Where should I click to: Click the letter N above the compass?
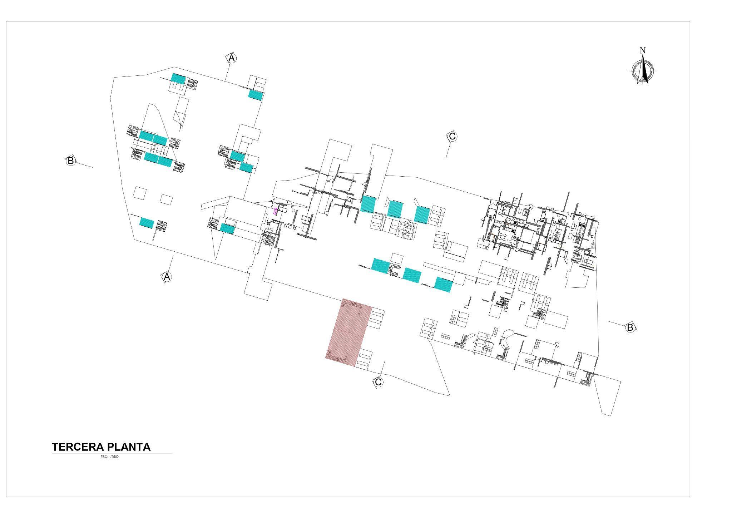click(x=643, y=50)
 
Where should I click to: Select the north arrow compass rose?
click(x=643, y=70)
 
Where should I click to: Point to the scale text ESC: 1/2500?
click(x=110, y=457)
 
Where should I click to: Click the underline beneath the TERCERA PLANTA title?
click(x=112, y=454)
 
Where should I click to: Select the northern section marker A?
click(x=232, y=58)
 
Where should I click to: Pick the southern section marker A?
click(x=167, y=277)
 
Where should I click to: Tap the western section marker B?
click(x=71, y=161)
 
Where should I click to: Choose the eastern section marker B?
click(x=630, y=327)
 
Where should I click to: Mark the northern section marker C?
click(x=452, y=136)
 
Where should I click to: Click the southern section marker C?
click(x=378, y=382)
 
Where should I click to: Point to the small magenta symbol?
click(x=275, y=211)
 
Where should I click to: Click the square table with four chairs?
click(x=503, y=237)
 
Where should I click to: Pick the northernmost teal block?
click(x=178, y=79)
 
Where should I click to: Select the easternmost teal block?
click(x=444, y=285)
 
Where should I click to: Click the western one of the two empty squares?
click(x=139, y=193)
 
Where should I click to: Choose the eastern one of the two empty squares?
click(x=166, y=199)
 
